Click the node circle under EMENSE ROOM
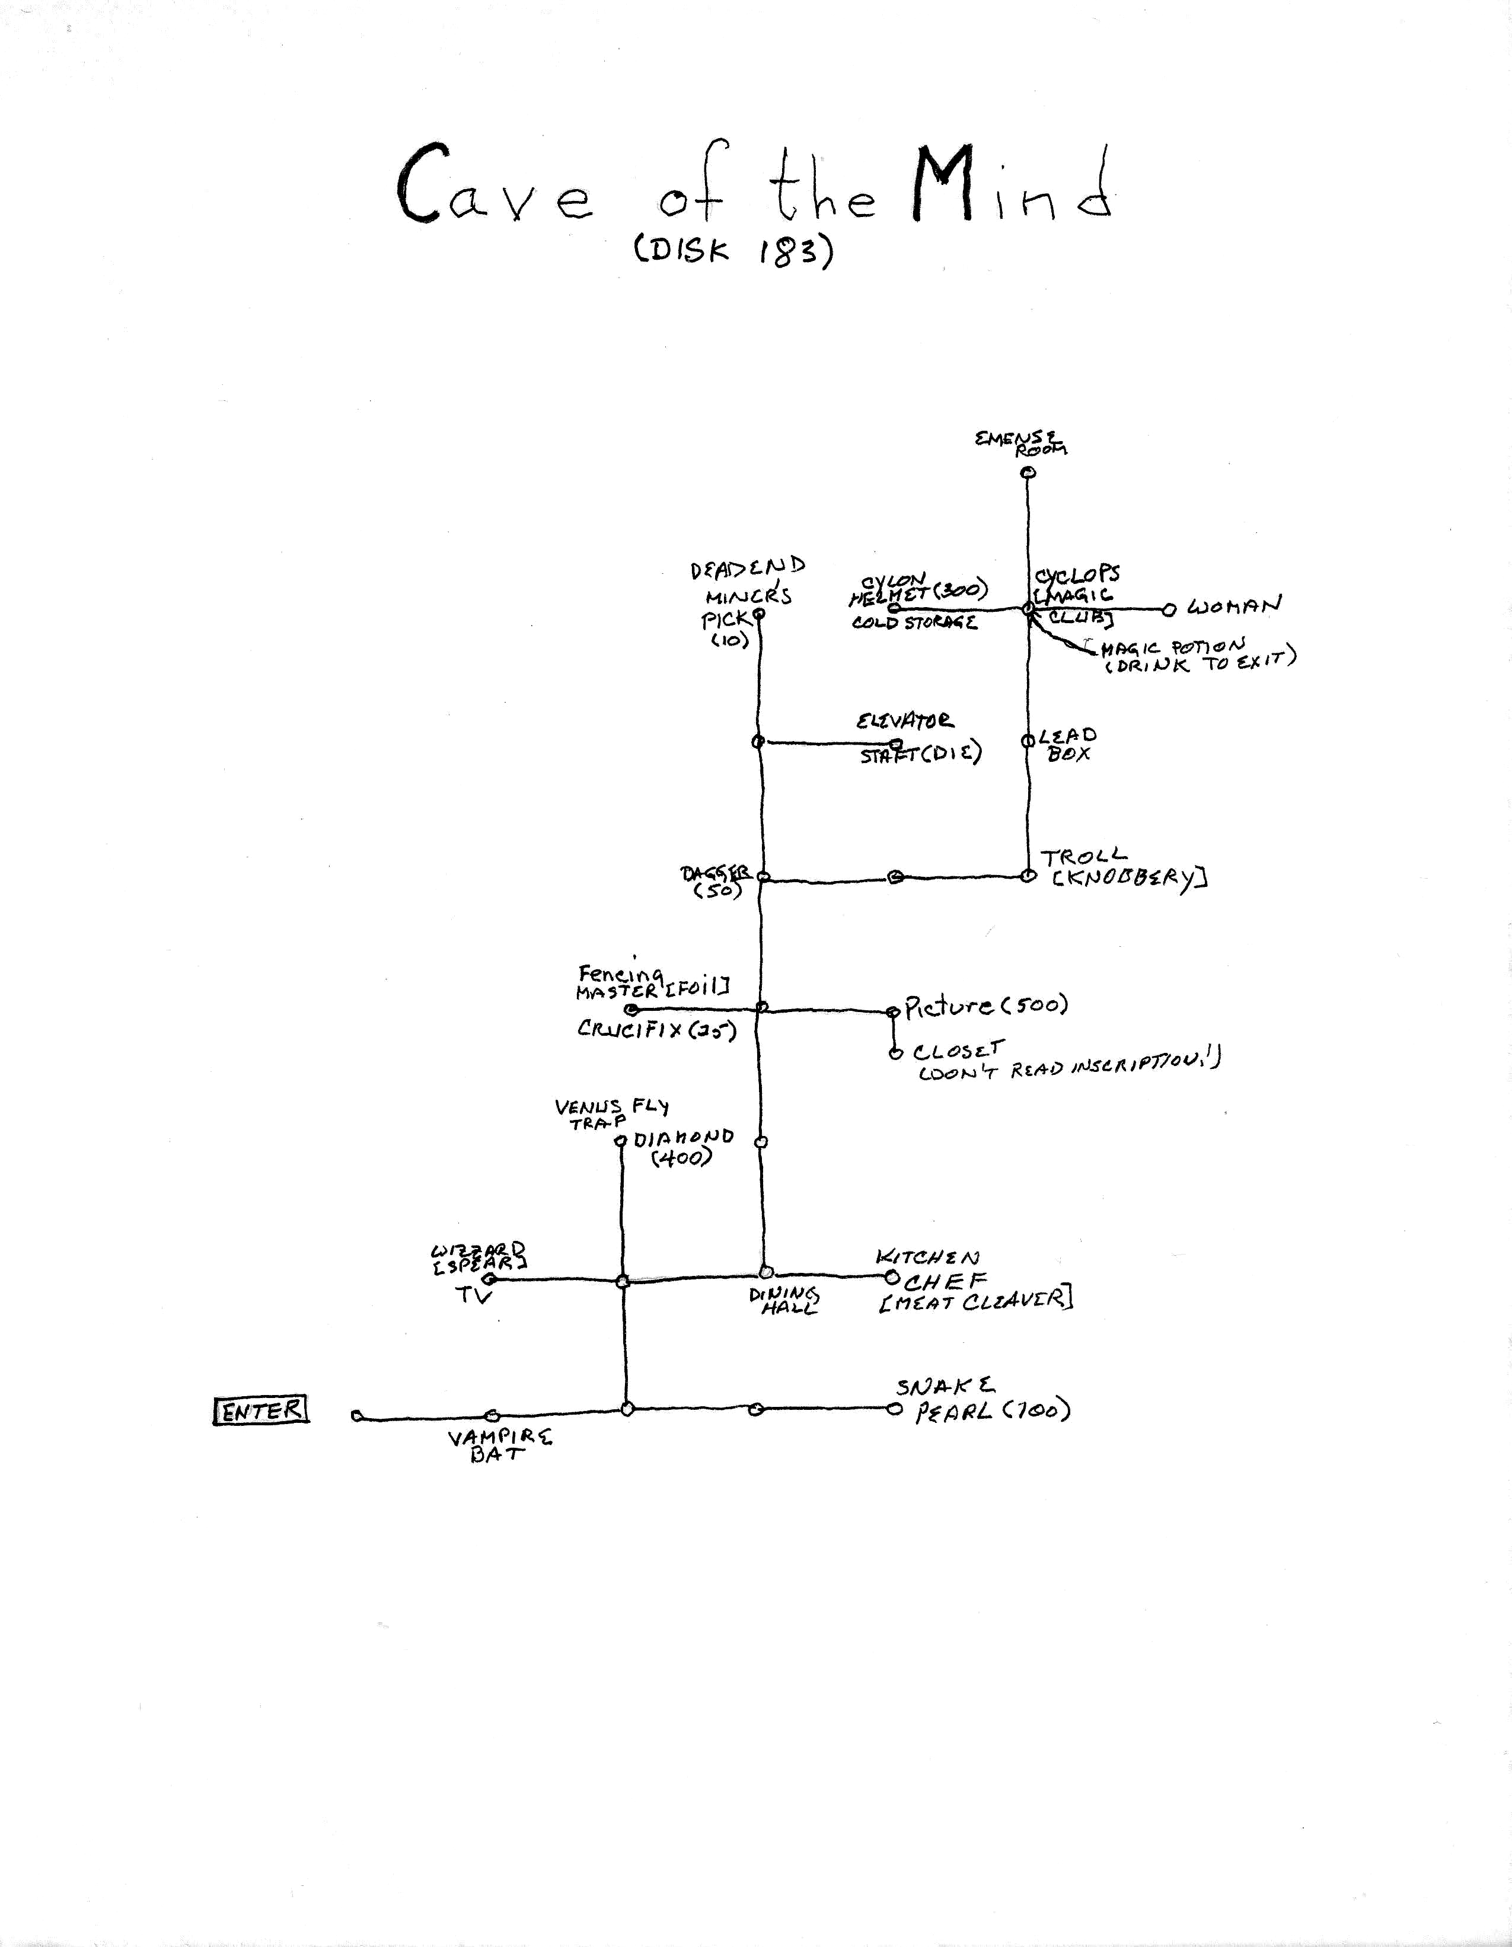coord(1029,473)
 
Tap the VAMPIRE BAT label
coord(499,1444)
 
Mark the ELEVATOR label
coord(905,720)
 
